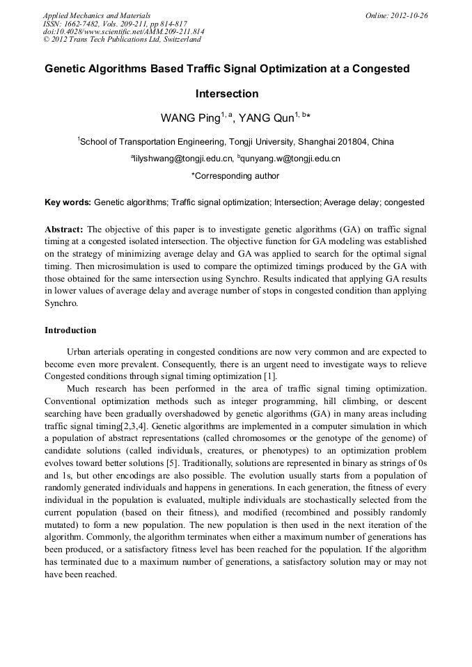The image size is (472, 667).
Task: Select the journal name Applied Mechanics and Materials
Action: (97, 15)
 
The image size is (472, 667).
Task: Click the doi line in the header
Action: (123, 31)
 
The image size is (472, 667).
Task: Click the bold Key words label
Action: (68, 202)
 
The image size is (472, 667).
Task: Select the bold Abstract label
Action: (64, 229)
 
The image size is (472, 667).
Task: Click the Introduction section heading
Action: (70, 330)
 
